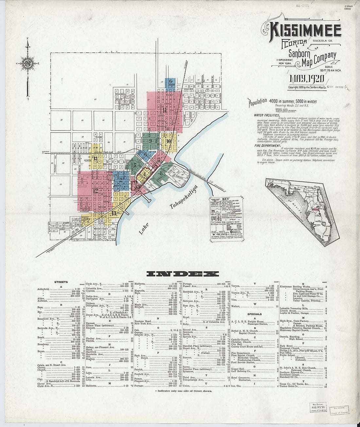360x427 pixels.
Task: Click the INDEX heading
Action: pos(182,274)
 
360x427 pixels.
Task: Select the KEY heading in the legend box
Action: pos(225,199)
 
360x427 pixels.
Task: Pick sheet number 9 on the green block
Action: pos(150,141)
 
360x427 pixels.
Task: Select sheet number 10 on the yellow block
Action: pos(169,141)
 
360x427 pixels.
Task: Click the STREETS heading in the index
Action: pos(61,282)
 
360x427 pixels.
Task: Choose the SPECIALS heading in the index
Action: pos(254,314)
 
